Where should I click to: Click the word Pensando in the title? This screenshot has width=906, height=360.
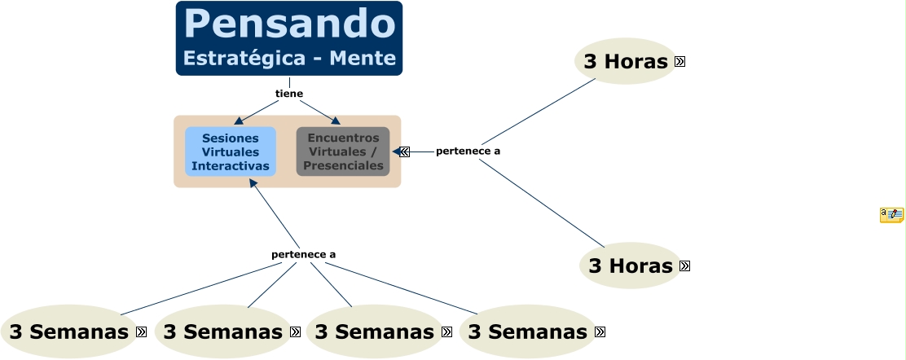coord(289,24)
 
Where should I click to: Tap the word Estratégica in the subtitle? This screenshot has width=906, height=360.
coord(235,59)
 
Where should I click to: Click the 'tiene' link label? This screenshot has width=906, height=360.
coord(289,94)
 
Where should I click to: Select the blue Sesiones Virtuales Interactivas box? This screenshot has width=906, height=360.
coord(231,151)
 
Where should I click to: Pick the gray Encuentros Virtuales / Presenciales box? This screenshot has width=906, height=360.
coord(343,151)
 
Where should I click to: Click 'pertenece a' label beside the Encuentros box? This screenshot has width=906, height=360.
coord(468,151)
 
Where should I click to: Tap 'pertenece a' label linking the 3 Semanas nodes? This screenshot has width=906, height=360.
coord(304,254)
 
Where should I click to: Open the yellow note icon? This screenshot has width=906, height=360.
coord(891,215)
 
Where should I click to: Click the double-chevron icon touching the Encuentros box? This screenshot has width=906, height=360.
coord(404,151)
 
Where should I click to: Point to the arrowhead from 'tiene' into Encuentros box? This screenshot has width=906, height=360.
coord(335,121)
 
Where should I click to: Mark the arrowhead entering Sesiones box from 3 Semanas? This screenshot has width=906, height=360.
coord(253,183)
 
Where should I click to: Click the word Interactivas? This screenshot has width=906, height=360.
coord(231,165)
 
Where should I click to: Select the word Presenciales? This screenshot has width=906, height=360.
coord(343,165)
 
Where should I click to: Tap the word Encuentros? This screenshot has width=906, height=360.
coord(343,138)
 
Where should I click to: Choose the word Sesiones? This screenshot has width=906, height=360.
coord(231,138)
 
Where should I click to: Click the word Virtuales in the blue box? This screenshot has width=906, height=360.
coord(231,151)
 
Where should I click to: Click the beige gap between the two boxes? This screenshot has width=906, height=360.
coord(286,151)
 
